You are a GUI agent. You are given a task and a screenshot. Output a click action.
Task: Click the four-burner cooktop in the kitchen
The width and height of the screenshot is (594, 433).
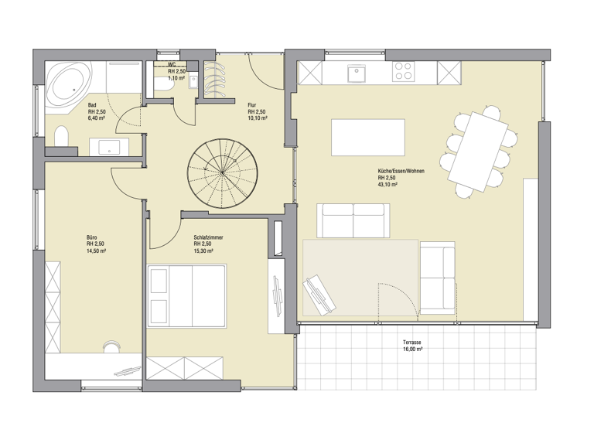(403, 72)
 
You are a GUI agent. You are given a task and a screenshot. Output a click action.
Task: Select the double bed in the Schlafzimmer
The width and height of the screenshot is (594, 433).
(186, 295)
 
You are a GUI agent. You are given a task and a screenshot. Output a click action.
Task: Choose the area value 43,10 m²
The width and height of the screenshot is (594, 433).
(388, 186)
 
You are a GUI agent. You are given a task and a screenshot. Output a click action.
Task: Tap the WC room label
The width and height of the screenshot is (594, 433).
(172, 64)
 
